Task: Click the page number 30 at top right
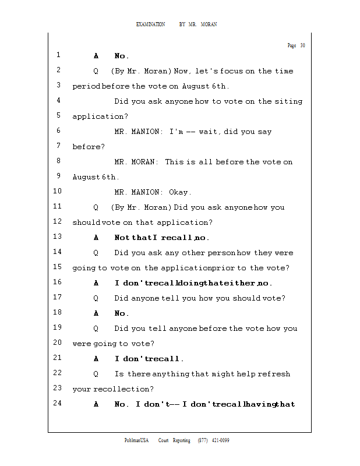coord(303,45)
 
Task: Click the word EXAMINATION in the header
coord(150,24)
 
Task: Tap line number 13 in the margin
coord(57,236)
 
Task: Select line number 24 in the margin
coord(57,403)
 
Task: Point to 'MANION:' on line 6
coord(146,132)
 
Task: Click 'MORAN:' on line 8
coord(144,162)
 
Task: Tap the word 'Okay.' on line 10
coord(180,192)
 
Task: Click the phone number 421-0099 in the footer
coord(221,440)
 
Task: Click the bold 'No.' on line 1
coord(121,56)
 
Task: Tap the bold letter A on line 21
coord(96,359)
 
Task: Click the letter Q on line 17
coord(96,298)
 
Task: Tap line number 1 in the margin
coord(58,55)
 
